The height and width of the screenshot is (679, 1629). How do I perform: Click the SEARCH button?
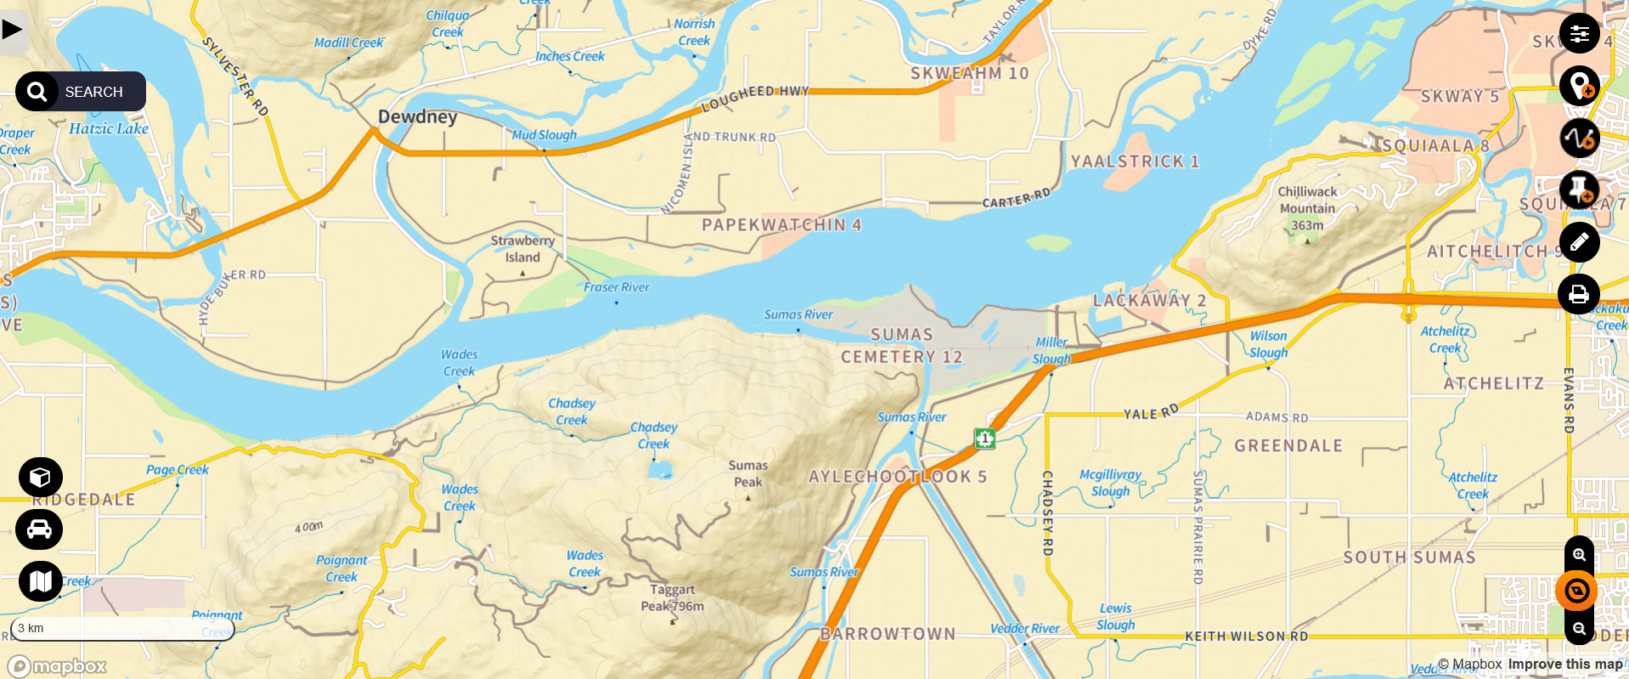pyautogui.click(x=80, y=92)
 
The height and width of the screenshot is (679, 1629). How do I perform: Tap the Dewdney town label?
pyautogui.click(x=417, y=116)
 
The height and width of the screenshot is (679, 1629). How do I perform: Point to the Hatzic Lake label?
pyautogui.click(x=109, y=129)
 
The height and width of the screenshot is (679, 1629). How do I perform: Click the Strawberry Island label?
pyautogui.click(x=522, y=249)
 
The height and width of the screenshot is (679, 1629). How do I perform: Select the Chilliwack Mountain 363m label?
pyautogui.click(x=1307, y=208)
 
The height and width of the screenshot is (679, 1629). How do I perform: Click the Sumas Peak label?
pyautogui.click(x=747, y=473)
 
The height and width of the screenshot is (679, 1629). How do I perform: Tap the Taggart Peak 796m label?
pyautogui.click(x=672, y=597)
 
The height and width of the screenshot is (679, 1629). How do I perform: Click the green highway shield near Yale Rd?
pyautogui.click(x=984, y=439)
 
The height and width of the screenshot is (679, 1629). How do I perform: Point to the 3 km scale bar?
pyautogui.click(x=121, y=629)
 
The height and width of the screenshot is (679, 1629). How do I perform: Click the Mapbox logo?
pyautogui.click(x=57, y=666)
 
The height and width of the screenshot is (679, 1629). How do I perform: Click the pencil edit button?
pyautogui.click(x=1579, y=242)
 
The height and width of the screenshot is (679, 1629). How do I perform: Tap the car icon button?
pyautogui.click(x=39, y=529)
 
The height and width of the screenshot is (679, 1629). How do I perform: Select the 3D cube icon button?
pyautogui.click(x=40, y=478)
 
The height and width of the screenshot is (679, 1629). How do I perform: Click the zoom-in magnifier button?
pyautogui.click(x=1579, y=555)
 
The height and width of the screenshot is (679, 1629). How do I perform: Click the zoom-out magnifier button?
pyautogui.click(x=1579, y=629)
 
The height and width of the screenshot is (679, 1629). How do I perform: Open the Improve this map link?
pyautogui.click(x=1564, y=665)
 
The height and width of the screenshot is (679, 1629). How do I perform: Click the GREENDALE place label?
pyautogui.click(x=1288, y=446)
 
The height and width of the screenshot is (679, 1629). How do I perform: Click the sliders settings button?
pyautogui.click(x=1579, y=34)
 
